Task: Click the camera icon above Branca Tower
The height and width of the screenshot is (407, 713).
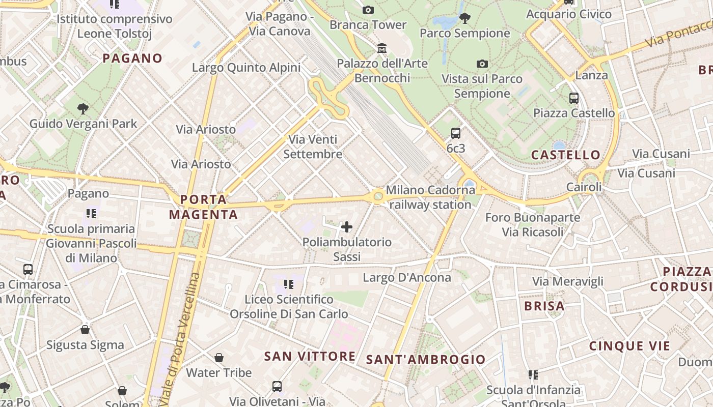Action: (368, 10)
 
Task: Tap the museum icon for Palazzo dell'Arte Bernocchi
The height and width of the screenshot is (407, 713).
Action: (382, 48)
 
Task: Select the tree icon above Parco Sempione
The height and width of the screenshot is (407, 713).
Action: (464, 18)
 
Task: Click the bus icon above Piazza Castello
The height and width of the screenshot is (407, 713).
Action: (574, 98)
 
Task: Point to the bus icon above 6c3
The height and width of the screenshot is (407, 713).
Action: (456, 133)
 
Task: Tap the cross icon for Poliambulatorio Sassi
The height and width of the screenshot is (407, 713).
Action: (347, 227)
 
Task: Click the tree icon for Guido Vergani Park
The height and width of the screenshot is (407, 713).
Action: (83, 108)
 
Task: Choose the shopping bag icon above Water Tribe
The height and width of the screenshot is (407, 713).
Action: (219, 358)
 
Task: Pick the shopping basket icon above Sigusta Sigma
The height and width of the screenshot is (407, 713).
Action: (85, 330)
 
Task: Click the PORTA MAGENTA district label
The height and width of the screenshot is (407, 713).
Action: (203, 207)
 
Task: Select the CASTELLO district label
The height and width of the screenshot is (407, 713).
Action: (566, 155)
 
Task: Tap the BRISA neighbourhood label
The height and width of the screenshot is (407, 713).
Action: (544, 306)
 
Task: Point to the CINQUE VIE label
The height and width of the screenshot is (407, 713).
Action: (629, 346)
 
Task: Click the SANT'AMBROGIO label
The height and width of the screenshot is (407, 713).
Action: (426, 359)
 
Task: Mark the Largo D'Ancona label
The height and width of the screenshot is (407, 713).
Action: (407, 277)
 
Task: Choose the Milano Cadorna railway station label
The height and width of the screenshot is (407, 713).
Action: (430, 197)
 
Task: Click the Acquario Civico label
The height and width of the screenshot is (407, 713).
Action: (568, 14)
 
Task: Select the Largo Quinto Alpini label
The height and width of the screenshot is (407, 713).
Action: (246, 68)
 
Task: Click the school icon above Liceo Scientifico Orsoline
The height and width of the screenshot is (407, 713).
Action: (289, 284)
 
